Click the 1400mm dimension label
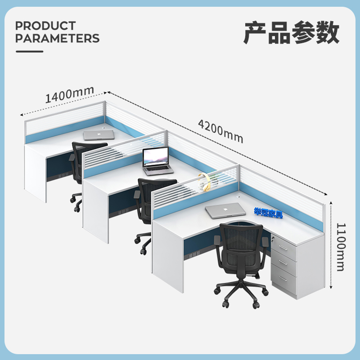tap(70, 95)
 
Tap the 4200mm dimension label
tap(220, 131)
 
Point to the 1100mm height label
tap(341, 247)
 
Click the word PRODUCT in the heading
tap(46, 26)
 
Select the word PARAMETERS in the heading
tap(58, 38)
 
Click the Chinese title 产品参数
tap(291, 32)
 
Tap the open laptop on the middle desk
tap(157, 161)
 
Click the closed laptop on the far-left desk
tap(99, 135)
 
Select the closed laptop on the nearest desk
tap(225, 211)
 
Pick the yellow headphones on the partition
tap(204, 182)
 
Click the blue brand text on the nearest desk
tap(268, 213)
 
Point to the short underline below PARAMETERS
tap(29, 51)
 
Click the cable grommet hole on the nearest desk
tap(239, 197)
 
